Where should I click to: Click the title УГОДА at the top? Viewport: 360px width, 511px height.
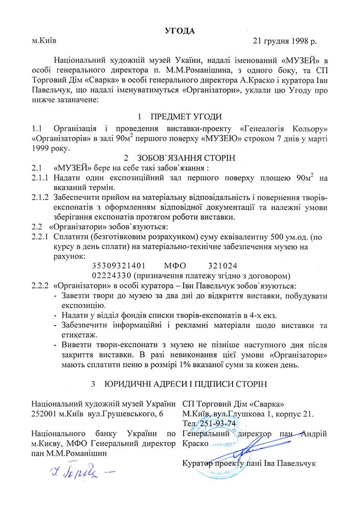(x=180, y=30)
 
